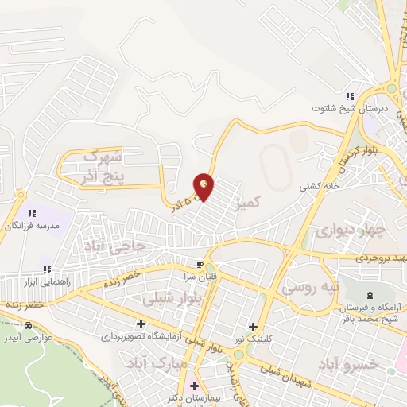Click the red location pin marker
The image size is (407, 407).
204,187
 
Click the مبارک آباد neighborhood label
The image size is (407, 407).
150,365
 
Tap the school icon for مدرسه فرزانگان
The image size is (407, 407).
33,213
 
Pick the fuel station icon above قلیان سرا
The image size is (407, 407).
199,264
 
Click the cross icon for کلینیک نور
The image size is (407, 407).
253,326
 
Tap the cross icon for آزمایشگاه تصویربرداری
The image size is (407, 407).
141,324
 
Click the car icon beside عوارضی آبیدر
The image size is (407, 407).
29,326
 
